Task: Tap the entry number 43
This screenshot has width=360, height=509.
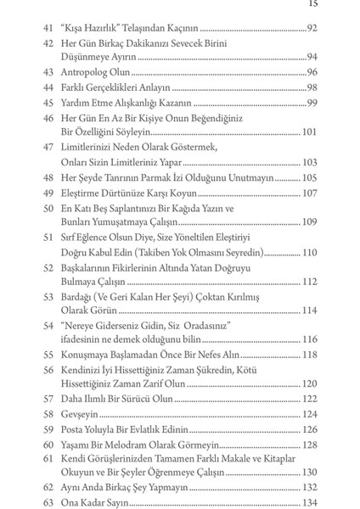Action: pyautogui.click(x=48, y=72)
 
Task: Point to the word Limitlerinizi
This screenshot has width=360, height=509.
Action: pyautogui.click(x=93, y=148)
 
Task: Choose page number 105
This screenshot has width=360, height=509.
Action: pyautogui.click(x=309, y=177)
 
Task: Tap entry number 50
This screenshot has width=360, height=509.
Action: pyautogui.click(x=48, y=208)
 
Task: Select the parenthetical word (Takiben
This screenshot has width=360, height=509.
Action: pyautogui.click(x=192, y=252)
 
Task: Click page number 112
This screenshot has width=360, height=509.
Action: pyautogui.click(x=309, y=282)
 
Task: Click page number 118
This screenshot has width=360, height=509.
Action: pyautogui.click(x=309, y=355)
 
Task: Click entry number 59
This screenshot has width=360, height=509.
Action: pyautogui.click(x=48, y=429)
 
